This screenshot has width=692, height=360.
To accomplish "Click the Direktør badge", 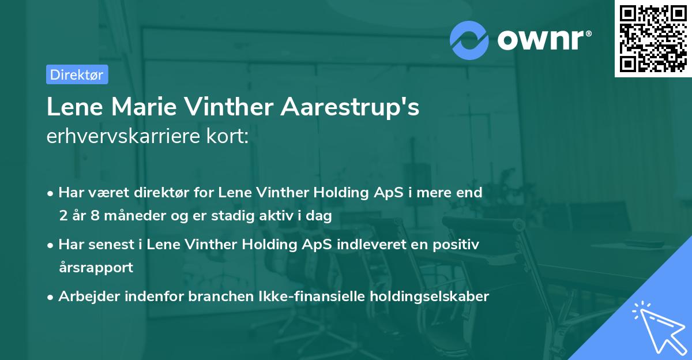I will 77,74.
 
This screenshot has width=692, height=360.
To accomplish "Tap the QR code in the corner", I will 653,39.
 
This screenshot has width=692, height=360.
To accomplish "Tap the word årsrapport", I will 96,268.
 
